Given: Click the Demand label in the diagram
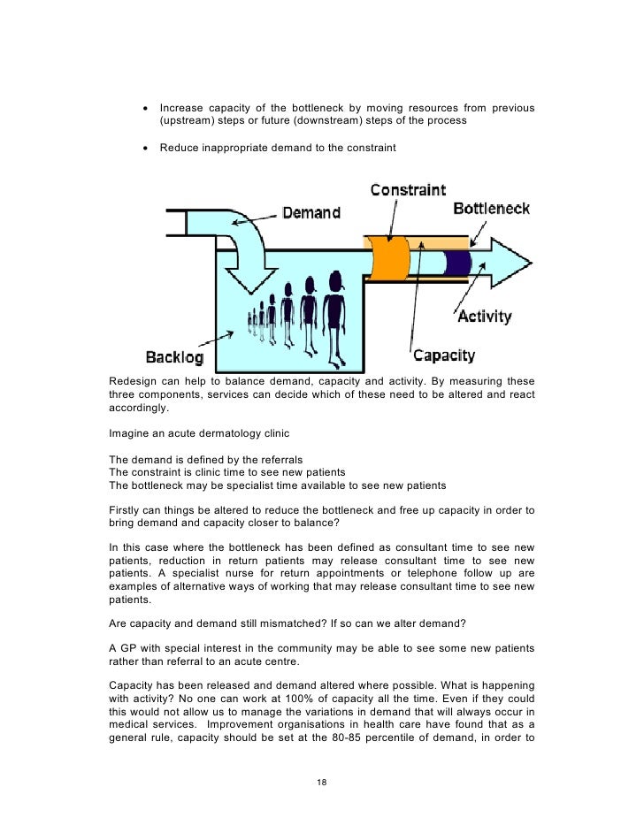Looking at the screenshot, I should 309,212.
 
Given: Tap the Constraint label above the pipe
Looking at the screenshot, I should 408,190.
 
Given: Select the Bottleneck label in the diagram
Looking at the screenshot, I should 491,209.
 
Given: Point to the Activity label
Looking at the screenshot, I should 483,317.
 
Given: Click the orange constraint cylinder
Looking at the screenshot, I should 387,263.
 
